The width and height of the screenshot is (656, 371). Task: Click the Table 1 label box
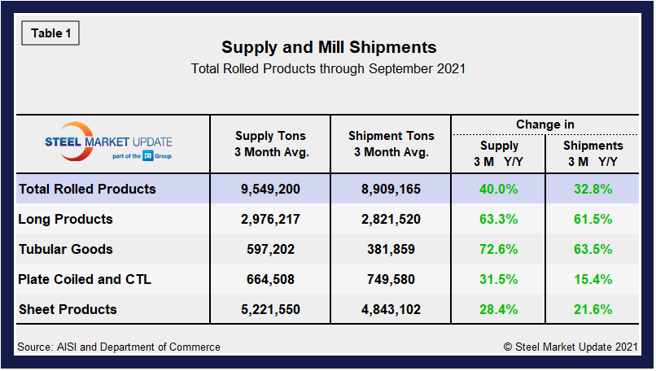click(x=50, y=33)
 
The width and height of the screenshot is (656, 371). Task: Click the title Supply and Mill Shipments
click(x=329, y=47)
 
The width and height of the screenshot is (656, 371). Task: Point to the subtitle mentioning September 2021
click(x=328, y=68)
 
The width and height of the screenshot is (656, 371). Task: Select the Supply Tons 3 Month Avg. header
click(x=270, y=143)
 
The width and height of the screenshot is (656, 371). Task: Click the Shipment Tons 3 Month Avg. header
click(x=391, y=143)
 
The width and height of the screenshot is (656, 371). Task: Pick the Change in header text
click(x=544, y=124)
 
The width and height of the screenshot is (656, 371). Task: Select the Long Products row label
click(x=65, y=219)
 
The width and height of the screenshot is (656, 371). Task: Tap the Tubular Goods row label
click(x=65, y=249)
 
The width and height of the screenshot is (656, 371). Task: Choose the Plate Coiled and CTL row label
click(x=85, y=279)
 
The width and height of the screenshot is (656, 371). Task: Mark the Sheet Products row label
click(x=68, y=309)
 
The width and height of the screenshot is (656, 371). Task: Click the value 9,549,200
click(x=270, y=189)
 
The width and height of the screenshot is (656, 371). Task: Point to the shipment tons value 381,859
click(x=391, y=249)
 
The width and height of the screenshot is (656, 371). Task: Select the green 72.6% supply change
click(x=499, y=249)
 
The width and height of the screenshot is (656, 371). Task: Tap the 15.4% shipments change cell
click(x=593, y=279)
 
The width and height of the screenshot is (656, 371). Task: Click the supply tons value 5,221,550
click(x=270, y=309)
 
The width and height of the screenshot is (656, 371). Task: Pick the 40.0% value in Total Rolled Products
click(x=499, y=189)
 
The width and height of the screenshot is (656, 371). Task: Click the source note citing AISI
click(x=119, y=347)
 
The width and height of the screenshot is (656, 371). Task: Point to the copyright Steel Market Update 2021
click(x=570, y=347)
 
